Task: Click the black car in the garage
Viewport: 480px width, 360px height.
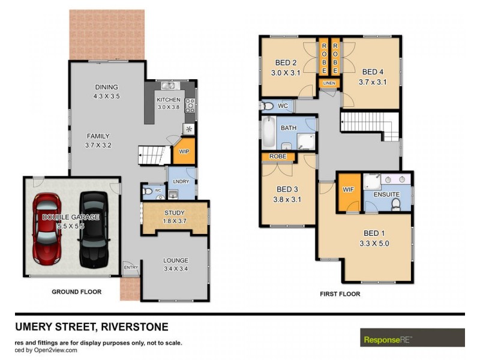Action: [92, 229]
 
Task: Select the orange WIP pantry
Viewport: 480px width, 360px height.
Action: [184, 151]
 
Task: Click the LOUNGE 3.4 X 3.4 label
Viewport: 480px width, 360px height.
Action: [175, 264]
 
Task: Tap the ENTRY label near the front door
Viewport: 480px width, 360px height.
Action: [130, 266]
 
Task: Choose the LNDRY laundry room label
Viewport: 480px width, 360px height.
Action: [181, 181]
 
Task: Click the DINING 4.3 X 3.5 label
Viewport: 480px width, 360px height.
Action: [107, 91]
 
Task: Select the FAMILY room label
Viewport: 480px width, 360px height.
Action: [98, 140]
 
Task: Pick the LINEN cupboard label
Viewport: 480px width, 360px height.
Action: [329, 83]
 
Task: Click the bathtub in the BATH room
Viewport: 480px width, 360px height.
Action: [268, 133]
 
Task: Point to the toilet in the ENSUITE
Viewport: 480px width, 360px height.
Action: [396, 206]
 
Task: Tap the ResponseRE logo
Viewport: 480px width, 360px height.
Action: [412, 338]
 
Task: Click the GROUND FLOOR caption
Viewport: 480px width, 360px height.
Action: [76, 292]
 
